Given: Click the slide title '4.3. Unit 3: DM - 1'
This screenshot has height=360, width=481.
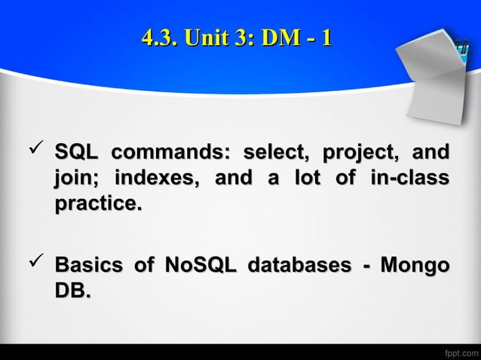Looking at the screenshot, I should tap(236, 37).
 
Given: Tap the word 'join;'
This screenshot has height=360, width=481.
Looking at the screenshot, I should tap(75, 179).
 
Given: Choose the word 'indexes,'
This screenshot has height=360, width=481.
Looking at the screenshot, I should tap(157, 178).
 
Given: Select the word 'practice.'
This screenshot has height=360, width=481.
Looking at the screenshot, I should tap(97, 204).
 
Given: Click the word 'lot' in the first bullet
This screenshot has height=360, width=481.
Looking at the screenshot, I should tap(311, 178).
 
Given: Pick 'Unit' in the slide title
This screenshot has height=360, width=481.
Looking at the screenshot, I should tap(209, 37).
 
